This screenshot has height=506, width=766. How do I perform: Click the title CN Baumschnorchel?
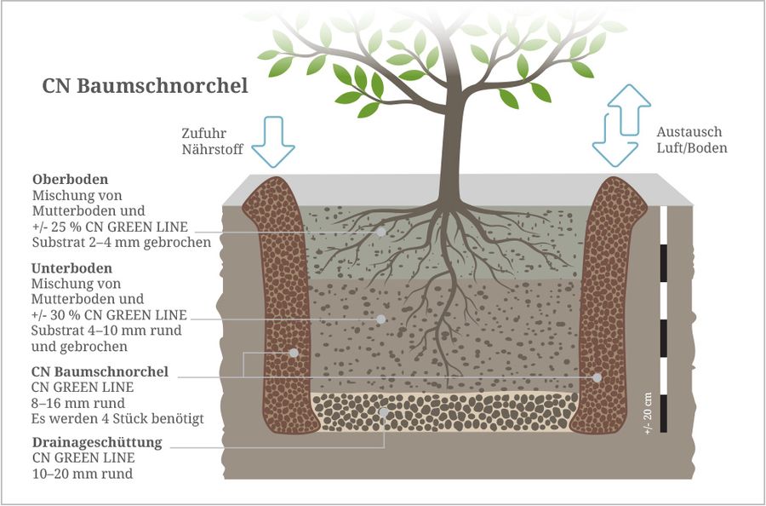click(145, 87)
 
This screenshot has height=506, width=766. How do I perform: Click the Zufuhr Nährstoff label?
click(212, 141)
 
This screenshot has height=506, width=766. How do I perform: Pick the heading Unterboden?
click(71, 268)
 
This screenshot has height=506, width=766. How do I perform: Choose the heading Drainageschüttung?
click(97, 443)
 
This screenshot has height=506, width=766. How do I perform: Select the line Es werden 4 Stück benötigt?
click(117, 418)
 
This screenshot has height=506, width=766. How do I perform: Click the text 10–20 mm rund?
click(82, 474)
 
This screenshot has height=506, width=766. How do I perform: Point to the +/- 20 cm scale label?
click(649, 414)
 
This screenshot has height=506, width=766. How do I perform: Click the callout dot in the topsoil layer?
click(381, 231)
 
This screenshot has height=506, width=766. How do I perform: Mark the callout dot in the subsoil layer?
click(381, 319)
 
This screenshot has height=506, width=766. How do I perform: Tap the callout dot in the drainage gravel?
click(385, 412)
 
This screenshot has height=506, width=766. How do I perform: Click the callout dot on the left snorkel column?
click(294, 353)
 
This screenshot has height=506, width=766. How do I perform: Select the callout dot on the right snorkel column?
click(597, 377)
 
